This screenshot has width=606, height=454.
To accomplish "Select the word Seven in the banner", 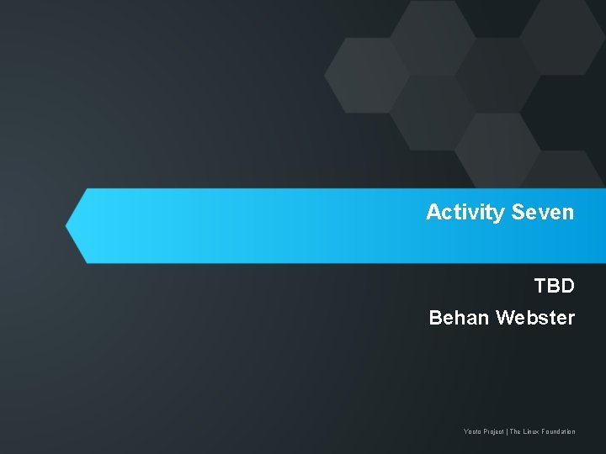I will point(542,212).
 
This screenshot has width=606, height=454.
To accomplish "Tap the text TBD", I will point(555,286).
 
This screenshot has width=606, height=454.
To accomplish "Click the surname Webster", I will point(536,318).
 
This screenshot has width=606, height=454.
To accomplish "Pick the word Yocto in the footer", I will point(471,432).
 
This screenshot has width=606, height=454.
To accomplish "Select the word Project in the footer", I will point(493,432).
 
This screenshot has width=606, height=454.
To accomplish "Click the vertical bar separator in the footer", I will point(508,432).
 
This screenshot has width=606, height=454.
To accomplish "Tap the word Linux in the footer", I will point(531,432).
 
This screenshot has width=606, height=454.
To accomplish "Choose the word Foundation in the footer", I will point(559,432).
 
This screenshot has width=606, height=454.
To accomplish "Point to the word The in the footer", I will point(515,432).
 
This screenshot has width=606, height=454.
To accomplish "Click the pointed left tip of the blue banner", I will point(68,225).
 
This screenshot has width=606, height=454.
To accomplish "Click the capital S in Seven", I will point(517,212).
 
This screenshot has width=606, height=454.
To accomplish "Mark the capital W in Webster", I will point(505,318).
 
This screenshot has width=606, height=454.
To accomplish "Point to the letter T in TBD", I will point(540,286).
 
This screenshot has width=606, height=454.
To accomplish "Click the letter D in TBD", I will point(568,286).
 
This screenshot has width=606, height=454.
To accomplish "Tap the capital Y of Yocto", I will point(465,432).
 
